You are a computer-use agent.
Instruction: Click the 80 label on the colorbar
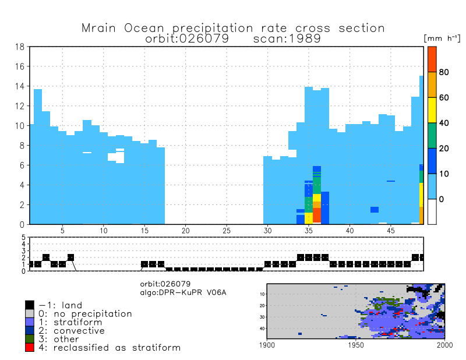pyautogui.click(x=443, y=72)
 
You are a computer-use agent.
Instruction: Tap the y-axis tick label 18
pyautogui.click(x=19, y=47)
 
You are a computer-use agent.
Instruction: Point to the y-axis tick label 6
pyautogui.click(x=21, y=165)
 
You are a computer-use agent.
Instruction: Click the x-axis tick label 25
pyautogui.click(x=227, y=230)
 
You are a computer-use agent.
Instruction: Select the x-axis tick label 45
pyautogui.click(x=391, y=230)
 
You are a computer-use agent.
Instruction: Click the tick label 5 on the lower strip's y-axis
pyautogui.click(x=24, y=238)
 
